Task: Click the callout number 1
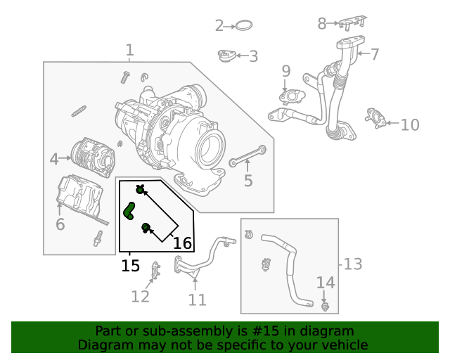pos(129,50)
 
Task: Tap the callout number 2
pos(219,26)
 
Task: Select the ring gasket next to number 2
pos(243,26)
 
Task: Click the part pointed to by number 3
pos(227,56)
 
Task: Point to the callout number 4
pos(54,160)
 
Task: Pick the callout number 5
pos(248,181)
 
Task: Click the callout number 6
pos(60,224)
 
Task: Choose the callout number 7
pos(375,53)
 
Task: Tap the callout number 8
pos(322,24)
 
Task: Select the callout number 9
pos(286,71)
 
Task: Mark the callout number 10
pos(410,125)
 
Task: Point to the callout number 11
pos(198,300)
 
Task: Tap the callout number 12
pos(140,296)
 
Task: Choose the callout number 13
pos(353,264)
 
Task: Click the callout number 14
pos(326,283)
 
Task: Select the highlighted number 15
pos(130,266)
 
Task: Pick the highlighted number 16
pos(182,243)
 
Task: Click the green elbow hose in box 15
pos(129,210)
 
